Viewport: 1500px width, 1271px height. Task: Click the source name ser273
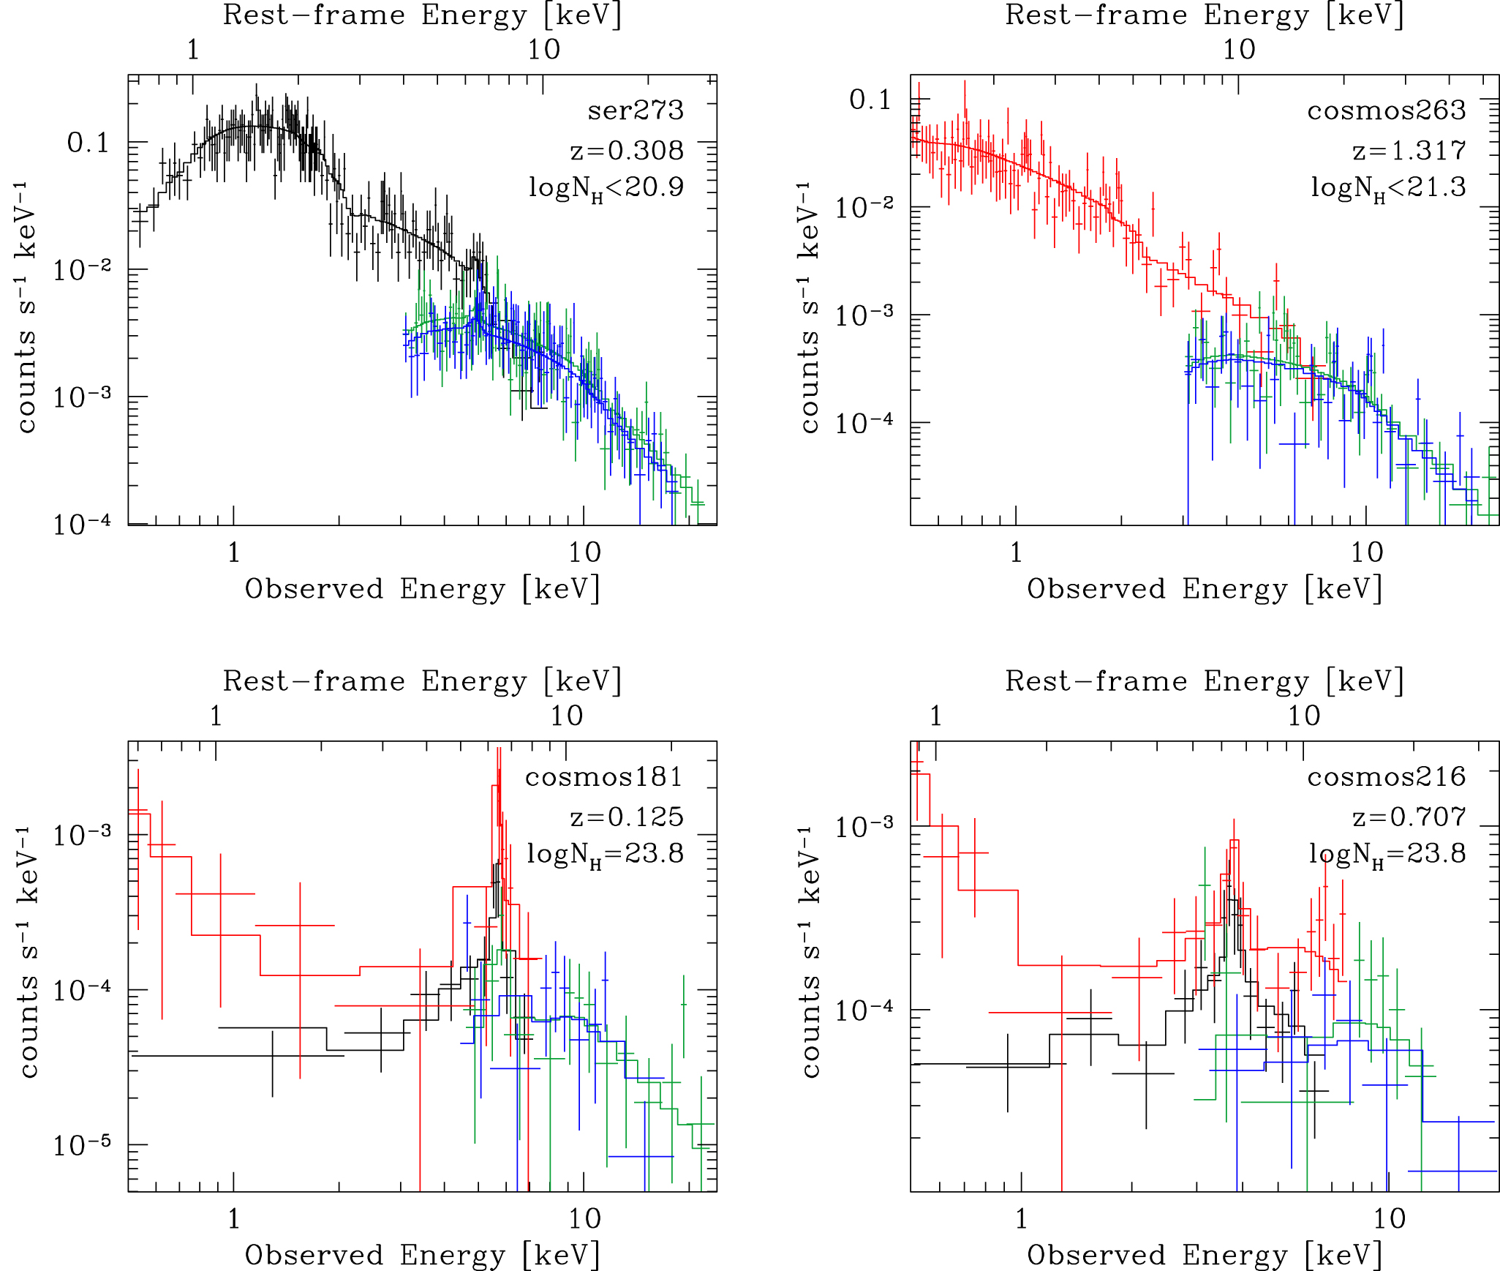pyautogui.click(x=635, y=110)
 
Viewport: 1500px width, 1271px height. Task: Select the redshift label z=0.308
pyautogui.click(x=627, y=151)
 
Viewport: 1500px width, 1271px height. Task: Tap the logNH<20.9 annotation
pyautogui.click(x=606, y=188)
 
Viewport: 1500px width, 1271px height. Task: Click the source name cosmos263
pyautogui.click(x=1386, y=110)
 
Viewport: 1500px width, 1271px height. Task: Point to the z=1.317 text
pyautogui.click(x=1409, y=151)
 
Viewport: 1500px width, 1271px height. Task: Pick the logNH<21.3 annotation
pyautogui.click(x=1388, y=188)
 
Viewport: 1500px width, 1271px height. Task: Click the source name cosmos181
pyautogui.click(x=603, y=777)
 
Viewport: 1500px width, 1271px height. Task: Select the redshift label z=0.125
pyautogui.click(x=627, y=817)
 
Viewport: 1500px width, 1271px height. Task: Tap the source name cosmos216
pyautogui.click(x=1386, y=777)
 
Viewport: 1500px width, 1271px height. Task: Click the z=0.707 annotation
pyautogui.click(x=1409, y=817)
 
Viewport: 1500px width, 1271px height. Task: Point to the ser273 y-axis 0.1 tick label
pyautogui.click(x=88, y=143)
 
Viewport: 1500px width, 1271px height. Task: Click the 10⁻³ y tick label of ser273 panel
pyautogui.click(x=81, y=396)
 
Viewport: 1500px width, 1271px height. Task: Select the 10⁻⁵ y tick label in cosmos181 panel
pyautogui.click(x=81, y=1144)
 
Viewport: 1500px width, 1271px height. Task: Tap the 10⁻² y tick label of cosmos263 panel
pyautogui.click(x=864, y=207)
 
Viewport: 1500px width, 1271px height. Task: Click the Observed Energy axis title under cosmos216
pyautogui.click(x=1205, y=1256)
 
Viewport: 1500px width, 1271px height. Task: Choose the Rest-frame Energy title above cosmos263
pyautogui.click(x=1205, y=16)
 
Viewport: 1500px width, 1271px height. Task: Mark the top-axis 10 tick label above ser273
pyautogui.click(x=543, y=50)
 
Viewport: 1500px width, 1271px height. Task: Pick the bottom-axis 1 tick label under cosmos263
pyautogui.click(x=1016, y=552)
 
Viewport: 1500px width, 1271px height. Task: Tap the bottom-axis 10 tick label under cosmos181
pyautogui.click(x=584, y=1219)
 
